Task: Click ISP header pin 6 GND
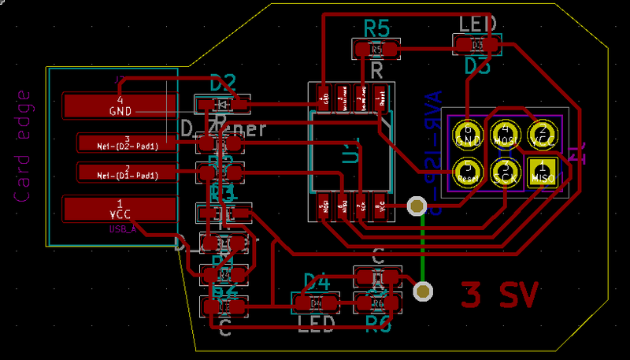point(468,134)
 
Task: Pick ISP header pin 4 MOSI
point(505,134)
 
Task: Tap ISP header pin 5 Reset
point(468,170)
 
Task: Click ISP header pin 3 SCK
point(505,170)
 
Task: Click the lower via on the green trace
point(424,291)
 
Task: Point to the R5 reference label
point(377,29)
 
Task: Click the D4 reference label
point(316,281)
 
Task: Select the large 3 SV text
point(499,295)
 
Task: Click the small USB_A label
point(123,229)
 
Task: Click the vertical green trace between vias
point(423,248)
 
